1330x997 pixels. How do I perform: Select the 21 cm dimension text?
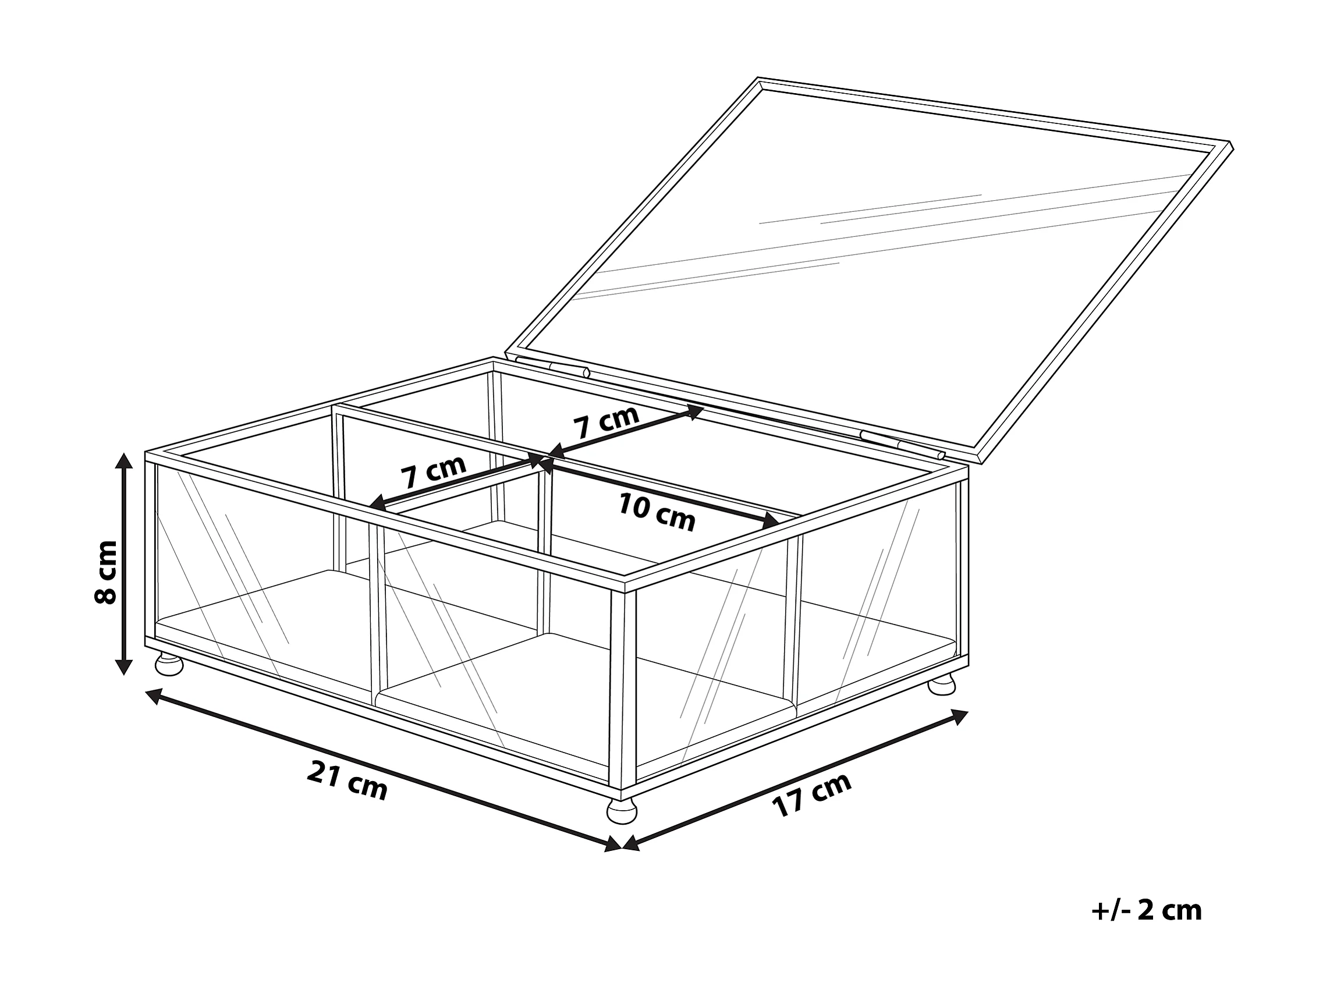347,780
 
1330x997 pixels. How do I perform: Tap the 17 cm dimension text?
813,794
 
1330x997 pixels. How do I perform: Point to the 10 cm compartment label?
657,512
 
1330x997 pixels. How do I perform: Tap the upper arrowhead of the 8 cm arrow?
124,462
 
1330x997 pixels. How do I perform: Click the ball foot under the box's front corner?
622,812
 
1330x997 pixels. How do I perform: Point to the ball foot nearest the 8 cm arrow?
169,665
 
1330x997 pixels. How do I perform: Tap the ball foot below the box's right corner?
942,685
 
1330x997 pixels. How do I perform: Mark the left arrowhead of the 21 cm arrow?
153,696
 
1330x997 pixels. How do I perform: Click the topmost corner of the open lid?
759,79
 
